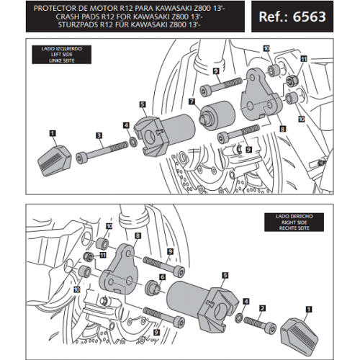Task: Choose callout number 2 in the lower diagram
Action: [x=262, y=307]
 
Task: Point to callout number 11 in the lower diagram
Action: [x=102, y=255]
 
